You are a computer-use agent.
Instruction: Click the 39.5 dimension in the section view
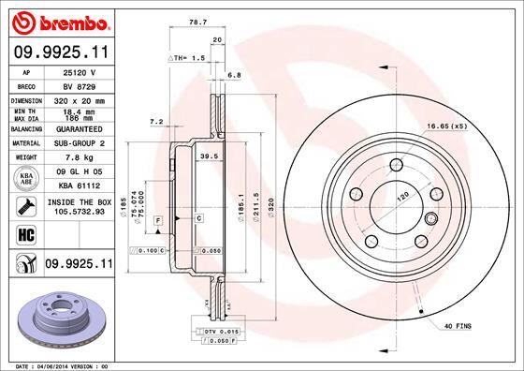click(210, 157)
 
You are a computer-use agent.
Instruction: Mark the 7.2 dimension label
click(156, 121)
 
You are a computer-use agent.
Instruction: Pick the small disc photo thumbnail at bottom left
click(58, 319)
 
